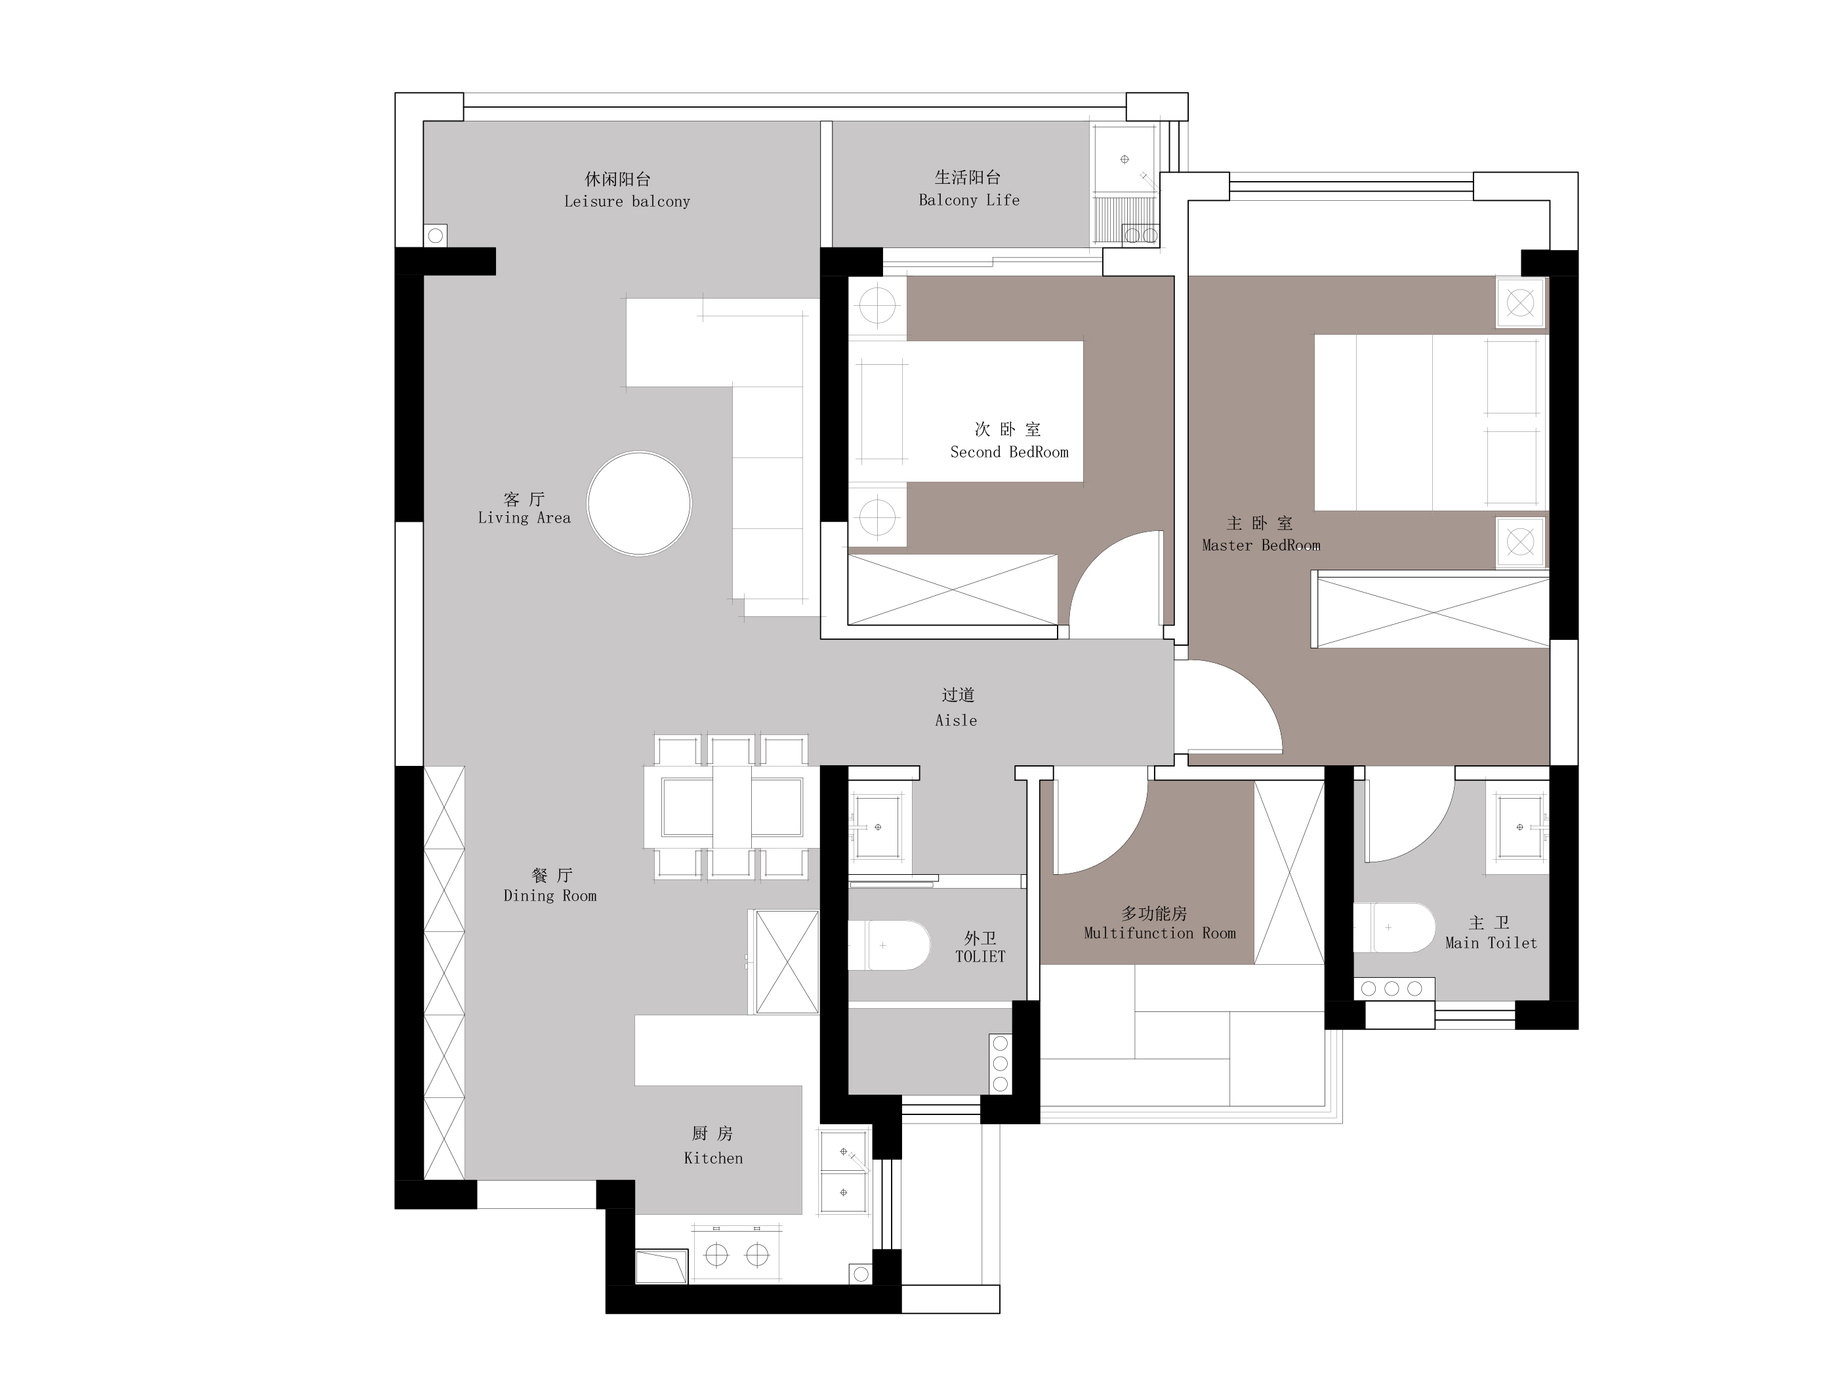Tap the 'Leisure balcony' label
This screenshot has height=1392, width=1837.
click(627, 201)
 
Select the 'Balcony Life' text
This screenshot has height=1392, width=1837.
click(969, 200)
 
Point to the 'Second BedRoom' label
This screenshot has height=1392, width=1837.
click(1009, 452)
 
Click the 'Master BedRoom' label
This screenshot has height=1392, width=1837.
click(1261, 545)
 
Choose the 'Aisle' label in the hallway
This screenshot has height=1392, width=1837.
click(956, 720)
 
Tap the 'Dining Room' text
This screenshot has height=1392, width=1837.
click(550, 895)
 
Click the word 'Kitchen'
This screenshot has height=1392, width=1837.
click(713, 1158)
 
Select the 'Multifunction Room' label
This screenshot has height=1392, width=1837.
click(1159, 933)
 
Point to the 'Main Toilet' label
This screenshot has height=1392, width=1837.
click(1491, 942)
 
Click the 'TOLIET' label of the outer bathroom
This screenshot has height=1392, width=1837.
click(980, 956)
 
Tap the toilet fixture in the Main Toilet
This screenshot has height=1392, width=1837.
click(1395, 927)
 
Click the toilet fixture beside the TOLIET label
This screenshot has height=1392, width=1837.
click(888, 945)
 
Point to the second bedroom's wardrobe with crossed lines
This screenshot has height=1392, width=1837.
click(953, 590)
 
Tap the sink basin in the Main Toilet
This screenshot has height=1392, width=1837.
click(1521, 827)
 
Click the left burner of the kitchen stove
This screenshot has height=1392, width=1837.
click(716, 1255)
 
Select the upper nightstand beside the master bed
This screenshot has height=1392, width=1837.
click(1521, 303)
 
